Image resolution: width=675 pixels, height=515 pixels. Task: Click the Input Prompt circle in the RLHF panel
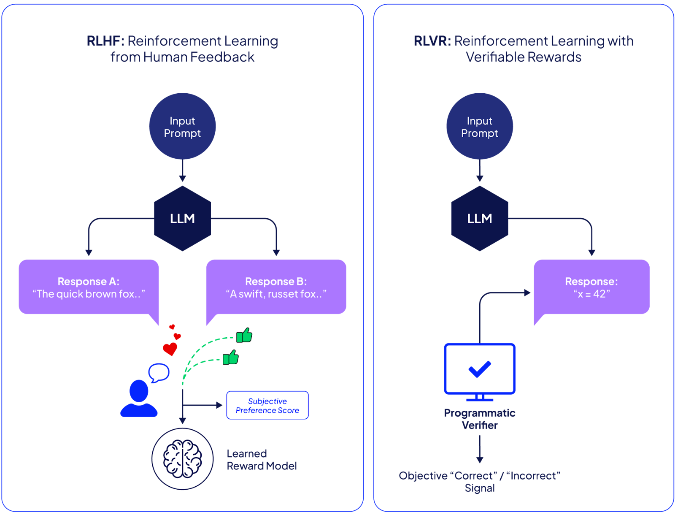click(x=182, y=126)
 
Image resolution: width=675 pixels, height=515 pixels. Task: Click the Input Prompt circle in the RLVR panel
click(x=480, y=126)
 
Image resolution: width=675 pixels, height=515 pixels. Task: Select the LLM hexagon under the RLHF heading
click(x=182, y=219)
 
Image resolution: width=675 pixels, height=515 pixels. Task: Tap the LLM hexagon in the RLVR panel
click(x=480, y=219)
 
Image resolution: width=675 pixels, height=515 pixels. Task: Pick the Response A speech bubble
click(x=89, y=287)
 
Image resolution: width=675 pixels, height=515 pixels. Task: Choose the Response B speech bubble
click(x=276, y=287)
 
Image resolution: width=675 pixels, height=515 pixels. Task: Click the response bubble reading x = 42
click(x=591, y=287)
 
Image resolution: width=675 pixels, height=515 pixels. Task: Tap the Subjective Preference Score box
click(x=267, y=405)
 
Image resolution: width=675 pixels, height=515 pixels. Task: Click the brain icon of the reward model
click(x=183, y=459)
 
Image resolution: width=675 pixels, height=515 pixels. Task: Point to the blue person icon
click(x=139, y=399)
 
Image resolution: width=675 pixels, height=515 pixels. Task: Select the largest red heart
click(x=170, y=349)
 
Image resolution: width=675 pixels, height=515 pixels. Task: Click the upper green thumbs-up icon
click(x=244, y=336)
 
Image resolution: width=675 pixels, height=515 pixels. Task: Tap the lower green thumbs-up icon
click(x=231, y=358)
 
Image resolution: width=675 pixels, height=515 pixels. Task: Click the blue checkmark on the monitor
click(x=480, y=369)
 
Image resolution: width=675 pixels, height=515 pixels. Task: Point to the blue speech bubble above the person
click(x=159, y=372)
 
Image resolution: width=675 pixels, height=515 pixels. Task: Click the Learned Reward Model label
click(x=262, y=460)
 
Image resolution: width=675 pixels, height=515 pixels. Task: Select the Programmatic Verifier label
click(x=480, y=419)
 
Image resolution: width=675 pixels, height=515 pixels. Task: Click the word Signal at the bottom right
click(x=480, y=488)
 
